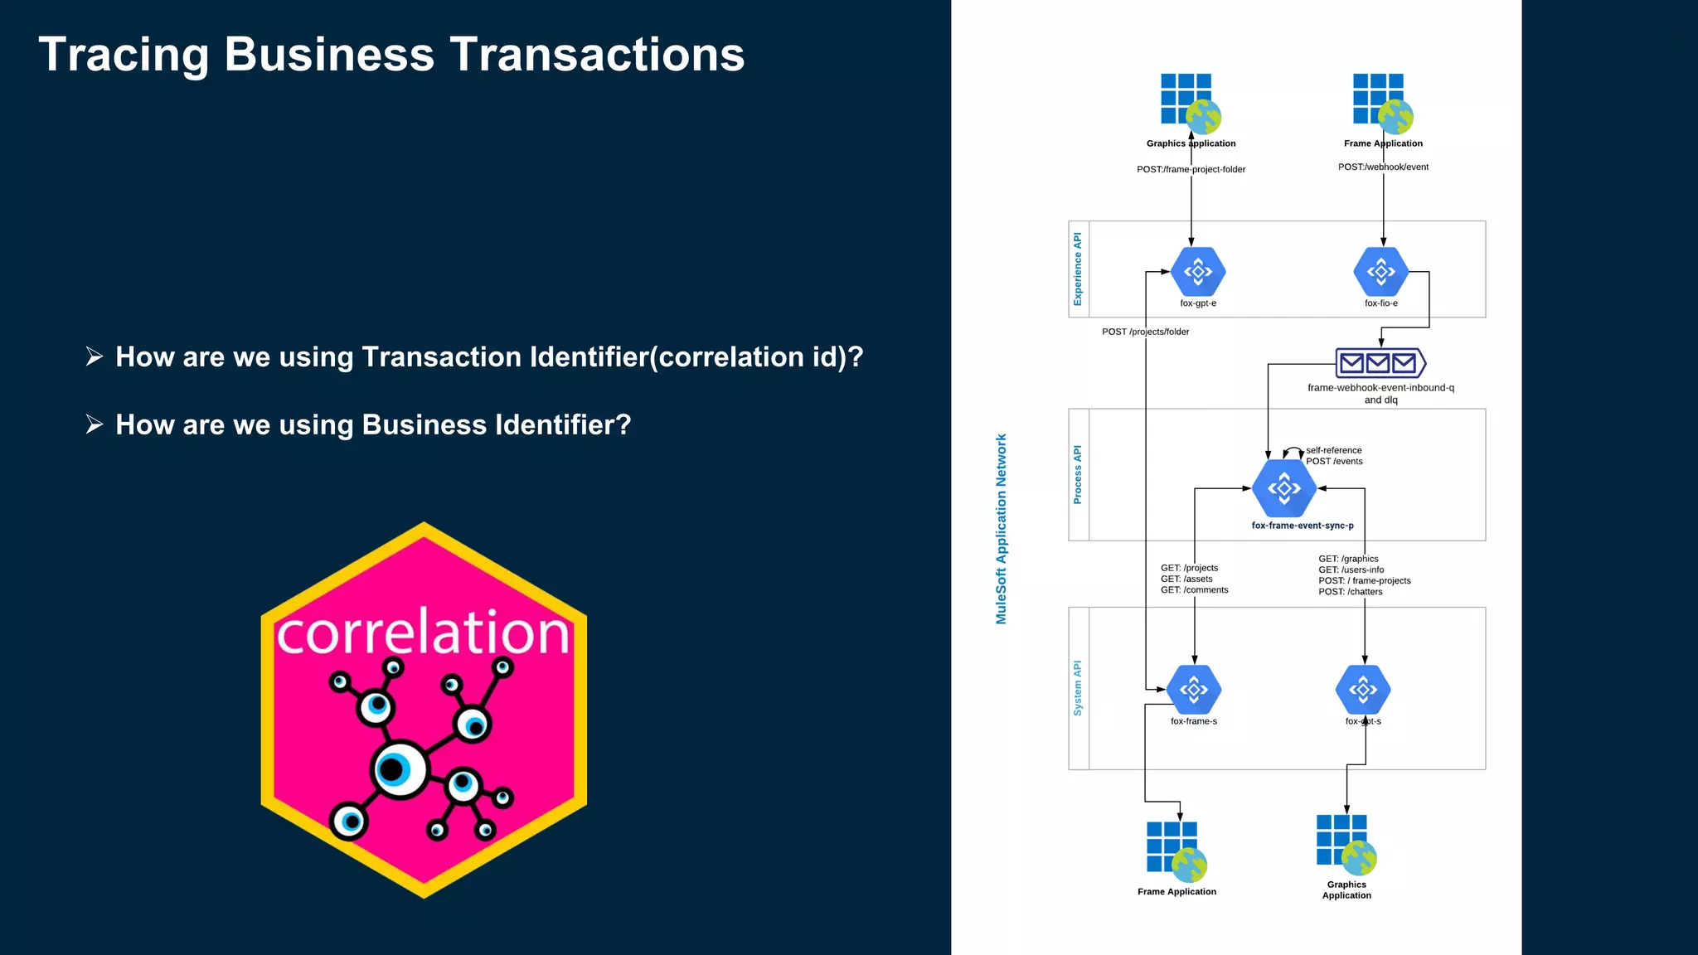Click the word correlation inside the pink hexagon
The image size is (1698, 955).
point(423,633)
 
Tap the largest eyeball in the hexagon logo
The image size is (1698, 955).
point(399,769)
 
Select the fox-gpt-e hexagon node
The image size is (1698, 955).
point(1198,272)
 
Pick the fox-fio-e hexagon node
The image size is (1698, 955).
point(1380,272)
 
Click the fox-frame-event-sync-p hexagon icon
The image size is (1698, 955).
point(1283,488)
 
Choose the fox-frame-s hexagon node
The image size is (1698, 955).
point(1194,689)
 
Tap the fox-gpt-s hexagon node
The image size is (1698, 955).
point(1363,689)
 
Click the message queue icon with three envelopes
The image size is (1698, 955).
point(1380,363)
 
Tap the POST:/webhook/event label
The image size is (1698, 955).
point(1383,167)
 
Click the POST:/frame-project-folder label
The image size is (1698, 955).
point(1191,169)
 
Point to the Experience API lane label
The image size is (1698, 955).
point(1078,269)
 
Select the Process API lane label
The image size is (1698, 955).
point(1078,474)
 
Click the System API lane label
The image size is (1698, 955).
point(1078,688)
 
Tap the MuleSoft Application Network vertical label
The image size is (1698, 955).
point(1002,529)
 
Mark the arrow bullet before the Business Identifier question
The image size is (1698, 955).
point(95,424)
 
